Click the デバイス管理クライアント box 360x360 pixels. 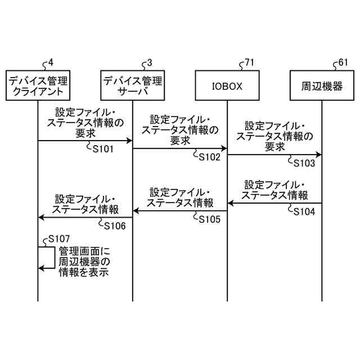pyautogui.click(x=38, y=85)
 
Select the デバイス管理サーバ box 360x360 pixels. pyautogui.click(x=133, y=85)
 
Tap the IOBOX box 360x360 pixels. pyautogui.click(x=227, y=85)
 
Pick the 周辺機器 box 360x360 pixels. pyautogui.click(x=322, y=85)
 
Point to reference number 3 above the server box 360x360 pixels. pyautogui.click(x=148, y=62)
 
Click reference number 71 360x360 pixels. pyautogui.click(x=248, y=62)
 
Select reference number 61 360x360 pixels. pyautogui.click(x=343, y=62)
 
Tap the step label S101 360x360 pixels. pyautogui.click(x=103, y=150)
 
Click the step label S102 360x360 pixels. pyautogui.click(x=209, y=157)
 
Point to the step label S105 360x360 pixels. pyautogui.click(x=209, y=219)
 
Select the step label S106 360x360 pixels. pyautogui.click(x=115, y=226)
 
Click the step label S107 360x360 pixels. pyautogui.click(x=60, y=239)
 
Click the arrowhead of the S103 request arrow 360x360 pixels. pyautogui.click(x=318, y=154)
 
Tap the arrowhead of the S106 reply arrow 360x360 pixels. pyautogui.click(x=41, y=218)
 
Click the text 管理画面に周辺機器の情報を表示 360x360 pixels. pyautogui.click(x=84, y=263)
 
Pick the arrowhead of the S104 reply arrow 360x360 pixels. pyautogui.click(x=231, y=203)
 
